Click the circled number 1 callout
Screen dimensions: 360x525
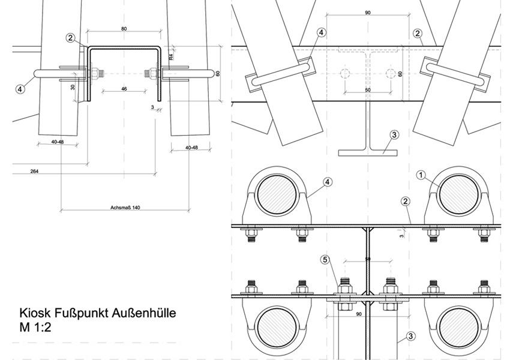point(421,175)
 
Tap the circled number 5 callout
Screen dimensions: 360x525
point(325,260)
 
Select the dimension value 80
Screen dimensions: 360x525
point(124,28)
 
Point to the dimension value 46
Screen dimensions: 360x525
point(124,89)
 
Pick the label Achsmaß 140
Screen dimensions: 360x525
point(125,208)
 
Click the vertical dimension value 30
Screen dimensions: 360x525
point(73,87)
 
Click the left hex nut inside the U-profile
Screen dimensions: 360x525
point(95,74)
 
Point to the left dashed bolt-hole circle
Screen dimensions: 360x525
point(345,74)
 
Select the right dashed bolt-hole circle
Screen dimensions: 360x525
point(391,74)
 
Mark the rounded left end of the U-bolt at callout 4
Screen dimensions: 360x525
point(38,74)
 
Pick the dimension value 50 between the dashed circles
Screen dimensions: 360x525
point(368,90)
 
